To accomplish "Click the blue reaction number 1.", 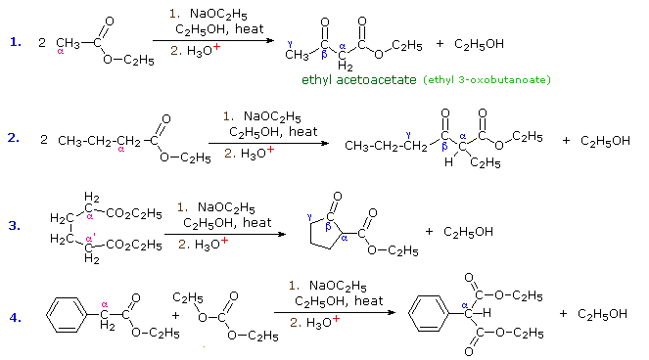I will pyautogui.click(x=15, y=42).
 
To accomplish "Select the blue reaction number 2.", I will pyautogui.click(x=14, y=138).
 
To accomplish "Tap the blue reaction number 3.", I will pyautogui.click(x=15, y=225).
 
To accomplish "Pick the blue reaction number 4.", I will pyautogui.click(x=15, y=316).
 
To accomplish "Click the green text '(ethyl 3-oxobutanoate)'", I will pyautogui.click(x=487, y=79).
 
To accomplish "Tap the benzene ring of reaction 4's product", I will pyautogui.click(x=434, y=317).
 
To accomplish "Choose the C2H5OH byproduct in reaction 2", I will pyautogui.click(x=605, y=141).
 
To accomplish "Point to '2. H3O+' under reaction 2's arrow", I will pyautogui.click(x=251, y=154).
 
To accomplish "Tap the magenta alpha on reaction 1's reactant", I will pyautogui.click(x=60, y=53).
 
